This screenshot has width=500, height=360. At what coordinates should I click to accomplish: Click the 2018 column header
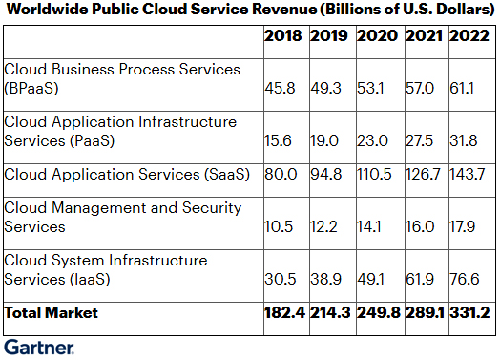pyautogui.click(x=282, y=35)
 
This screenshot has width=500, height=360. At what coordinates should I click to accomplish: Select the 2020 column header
pyautogui.click(x=377, y=35)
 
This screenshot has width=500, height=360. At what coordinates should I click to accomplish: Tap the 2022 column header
pyautogui.click(x=469, y=35)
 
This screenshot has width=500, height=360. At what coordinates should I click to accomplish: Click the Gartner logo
pyautogui.click(x=39, y=348)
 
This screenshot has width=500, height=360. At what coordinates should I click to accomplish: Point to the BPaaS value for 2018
pyautogui.click(x=280, y=88)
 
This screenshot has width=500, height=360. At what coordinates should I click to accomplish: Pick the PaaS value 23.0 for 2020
pyautogui.click(x=372, y=140)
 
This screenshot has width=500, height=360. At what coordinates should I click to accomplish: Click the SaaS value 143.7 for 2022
pyautogui.click(x=468, y=174)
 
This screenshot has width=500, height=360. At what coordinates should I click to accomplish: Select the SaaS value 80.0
pyautogui.click(x=281, y=174)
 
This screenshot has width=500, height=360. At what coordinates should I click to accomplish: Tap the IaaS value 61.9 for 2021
pyautogui.click(x=420, y=279)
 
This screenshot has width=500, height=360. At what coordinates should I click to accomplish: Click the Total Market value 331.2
pyautogui.click(x=469, y=313)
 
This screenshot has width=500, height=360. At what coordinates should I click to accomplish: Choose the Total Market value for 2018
pyautogui.click(x=284, y=313)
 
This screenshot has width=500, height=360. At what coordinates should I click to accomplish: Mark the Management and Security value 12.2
pyautogui.click(x=323, y=227)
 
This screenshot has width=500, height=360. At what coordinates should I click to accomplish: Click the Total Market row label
pyautogui.click(x=51, y=313)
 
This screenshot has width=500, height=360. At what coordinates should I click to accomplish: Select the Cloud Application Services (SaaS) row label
pyautogui.click(x=127, y=174)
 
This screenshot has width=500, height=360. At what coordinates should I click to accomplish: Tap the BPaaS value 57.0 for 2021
pyautogui.click(x=420, y=88)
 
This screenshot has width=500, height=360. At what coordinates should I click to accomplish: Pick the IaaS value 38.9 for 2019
pyautogui.click(x=326, y=279)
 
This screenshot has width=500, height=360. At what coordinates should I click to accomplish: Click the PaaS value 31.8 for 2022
pyautogui.click(x=464, y=140)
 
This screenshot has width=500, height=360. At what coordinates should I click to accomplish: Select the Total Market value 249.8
pyautogui.click(x=379, y=313)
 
